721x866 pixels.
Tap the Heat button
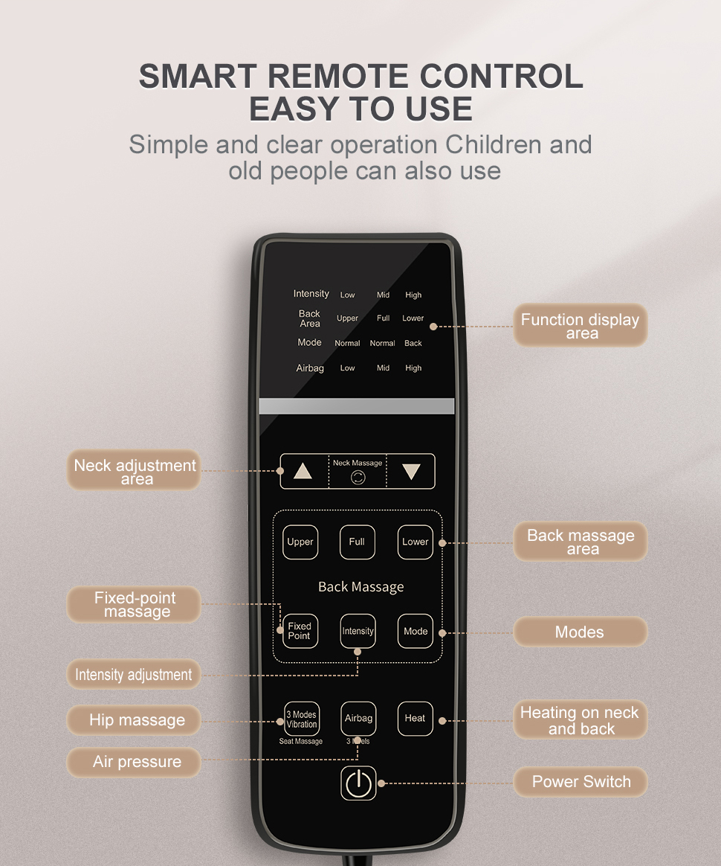[415, 719]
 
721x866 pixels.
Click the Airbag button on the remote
[358, 719]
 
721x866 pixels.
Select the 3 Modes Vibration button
[301, 719]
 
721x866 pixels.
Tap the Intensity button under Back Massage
[358, 631]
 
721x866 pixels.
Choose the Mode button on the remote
[416, 631]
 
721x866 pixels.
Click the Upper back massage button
[300, 542]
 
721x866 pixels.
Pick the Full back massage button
[358, 542]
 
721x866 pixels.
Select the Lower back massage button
[415, 542]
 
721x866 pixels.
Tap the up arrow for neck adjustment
[303, 471]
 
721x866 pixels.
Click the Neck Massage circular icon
[358, 478]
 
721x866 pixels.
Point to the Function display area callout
[580, 326]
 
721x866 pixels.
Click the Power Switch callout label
[581, 782]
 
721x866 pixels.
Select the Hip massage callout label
[137, 720]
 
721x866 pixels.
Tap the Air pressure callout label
[137, 762]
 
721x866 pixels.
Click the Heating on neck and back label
[580, 720]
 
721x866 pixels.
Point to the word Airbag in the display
[310, 368]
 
